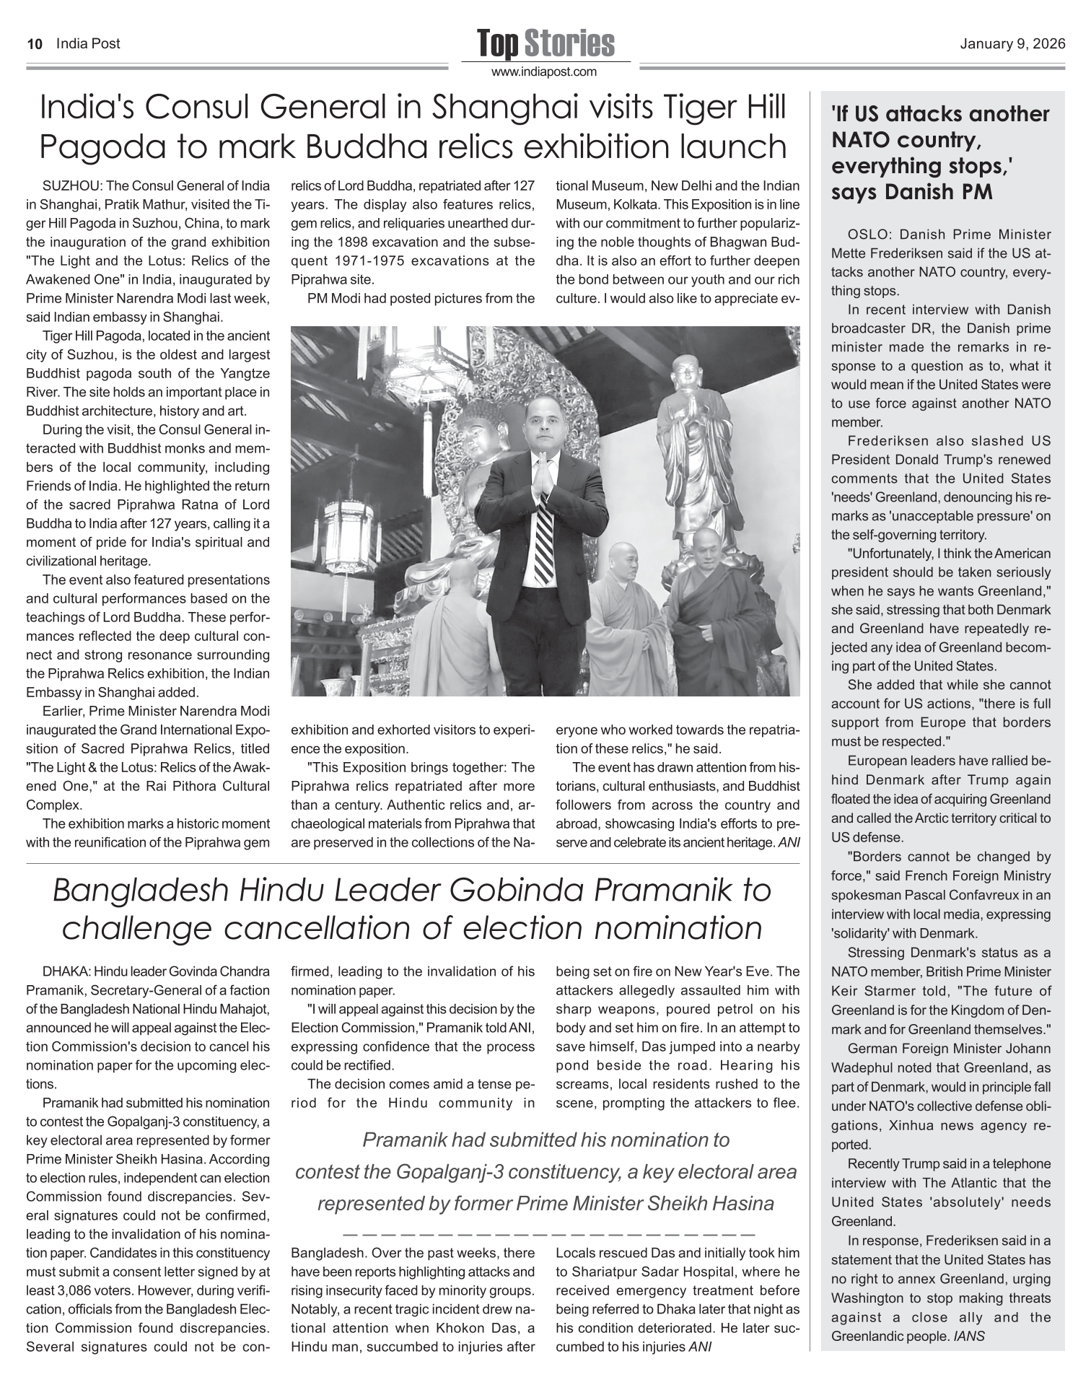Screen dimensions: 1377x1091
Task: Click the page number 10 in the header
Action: point(32,44)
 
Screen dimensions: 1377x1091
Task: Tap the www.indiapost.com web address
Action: point(545,71)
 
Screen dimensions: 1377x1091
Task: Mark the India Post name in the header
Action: point(88,44)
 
